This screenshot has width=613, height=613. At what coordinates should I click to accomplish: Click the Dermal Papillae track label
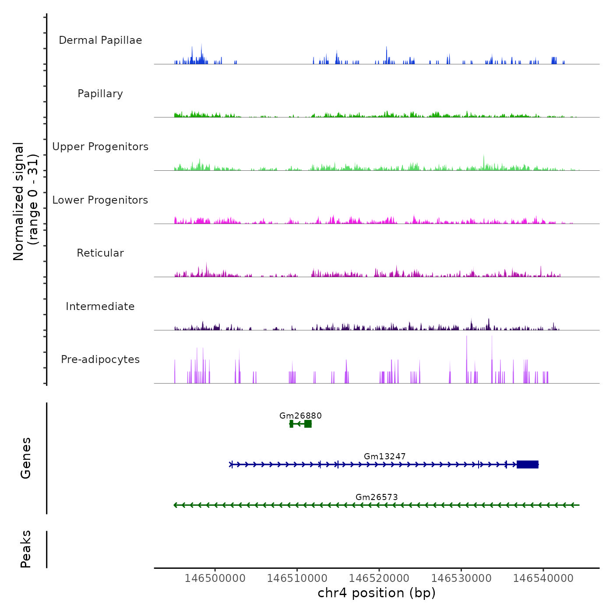click(100, 40)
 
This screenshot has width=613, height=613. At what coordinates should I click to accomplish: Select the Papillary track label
click(100, 94)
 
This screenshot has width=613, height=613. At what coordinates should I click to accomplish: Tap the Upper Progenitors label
click(100, 147)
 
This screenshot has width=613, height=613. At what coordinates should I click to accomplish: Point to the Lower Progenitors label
click(100, 200)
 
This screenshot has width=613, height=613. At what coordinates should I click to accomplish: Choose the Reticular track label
click(100, 253)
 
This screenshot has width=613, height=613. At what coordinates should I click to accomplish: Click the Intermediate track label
click(100, 306)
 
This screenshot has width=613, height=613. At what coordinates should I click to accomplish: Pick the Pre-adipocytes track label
click(100, 359)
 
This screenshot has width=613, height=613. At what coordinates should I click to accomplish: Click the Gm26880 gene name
click(300, 416)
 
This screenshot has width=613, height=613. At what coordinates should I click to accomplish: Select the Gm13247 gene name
click(384, 456)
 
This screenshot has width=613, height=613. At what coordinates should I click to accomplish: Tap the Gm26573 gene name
click(377, 497)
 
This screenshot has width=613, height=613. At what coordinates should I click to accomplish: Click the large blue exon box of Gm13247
click(527, 465)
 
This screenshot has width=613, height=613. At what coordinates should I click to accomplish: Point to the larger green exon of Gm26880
click(308, 424)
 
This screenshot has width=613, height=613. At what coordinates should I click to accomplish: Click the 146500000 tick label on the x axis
click(215, 578)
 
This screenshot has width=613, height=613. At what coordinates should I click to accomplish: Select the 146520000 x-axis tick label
click(379, 578)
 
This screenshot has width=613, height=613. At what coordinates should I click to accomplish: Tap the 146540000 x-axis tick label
click(543, 578)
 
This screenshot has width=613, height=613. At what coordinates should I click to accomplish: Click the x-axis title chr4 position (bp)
click(377, 593)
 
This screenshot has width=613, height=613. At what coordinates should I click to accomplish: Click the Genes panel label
click(26, 458)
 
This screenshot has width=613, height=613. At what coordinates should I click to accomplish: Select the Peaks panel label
click(26, 549)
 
